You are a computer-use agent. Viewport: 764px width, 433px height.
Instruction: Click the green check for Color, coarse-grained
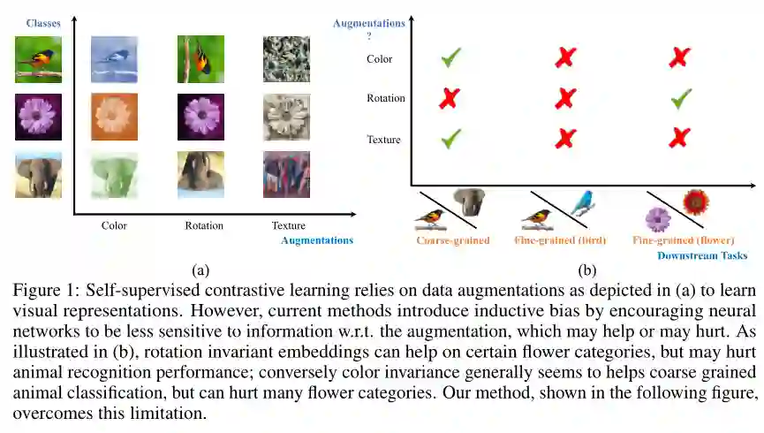[451, 59]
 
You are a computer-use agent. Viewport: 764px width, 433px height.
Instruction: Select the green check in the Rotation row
[681, 99]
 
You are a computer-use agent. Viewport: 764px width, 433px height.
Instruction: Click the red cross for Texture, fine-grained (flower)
[680, 138]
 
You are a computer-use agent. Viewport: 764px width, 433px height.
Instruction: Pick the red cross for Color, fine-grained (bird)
[565, 59]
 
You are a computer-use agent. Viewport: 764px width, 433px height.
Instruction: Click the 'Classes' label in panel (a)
[42, 23]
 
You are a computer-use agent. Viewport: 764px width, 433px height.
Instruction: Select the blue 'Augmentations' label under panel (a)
[317, 240]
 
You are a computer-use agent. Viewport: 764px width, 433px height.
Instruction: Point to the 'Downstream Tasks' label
[702, 255]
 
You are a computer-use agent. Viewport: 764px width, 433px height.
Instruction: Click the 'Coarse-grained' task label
[453, 239]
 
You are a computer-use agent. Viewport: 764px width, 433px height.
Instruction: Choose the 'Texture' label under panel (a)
[287, 225]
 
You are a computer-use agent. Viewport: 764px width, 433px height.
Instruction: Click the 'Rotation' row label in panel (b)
[385, 98]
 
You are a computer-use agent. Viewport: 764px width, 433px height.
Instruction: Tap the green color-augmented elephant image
[114, 174]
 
